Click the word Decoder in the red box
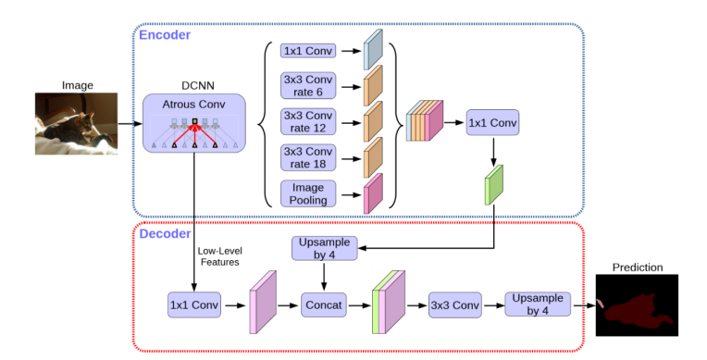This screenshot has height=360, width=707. pos(165,233)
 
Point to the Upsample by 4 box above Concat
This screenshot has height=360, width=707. pos(322,248)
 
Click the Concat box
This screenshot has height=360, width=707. pos(323,304)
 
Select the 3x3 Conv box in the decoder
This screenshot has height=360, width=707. pos(453,304)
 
